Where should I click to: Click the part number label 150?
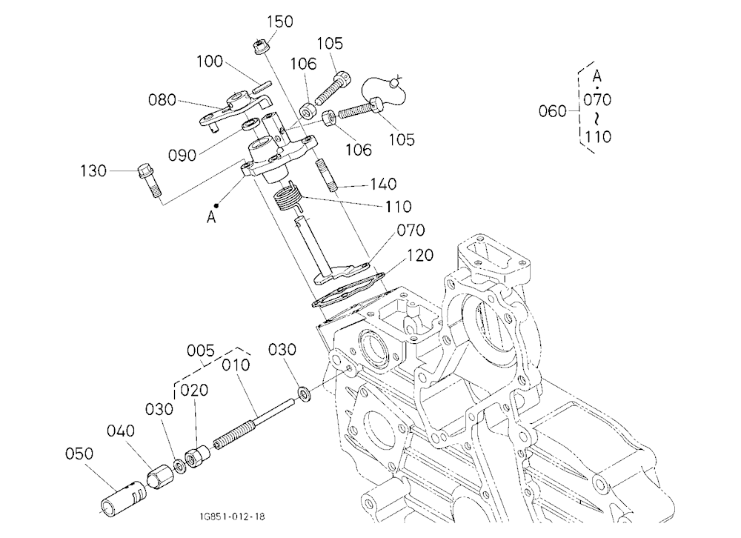(x=280, y=21)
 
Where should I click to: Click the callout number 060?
(x=553, y=111)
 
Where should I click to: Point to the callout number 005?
(x=200, y=351)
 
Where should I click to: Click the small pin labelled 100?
(x=262, y=87)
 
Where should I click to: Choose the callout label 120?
(x=420, y=255)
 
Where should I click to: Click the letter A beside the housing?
(x=211, y=217)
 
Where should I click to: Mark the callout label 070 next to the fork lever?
(x=411, y=230)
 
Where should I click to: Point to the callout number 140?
(x=383, y=184)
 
